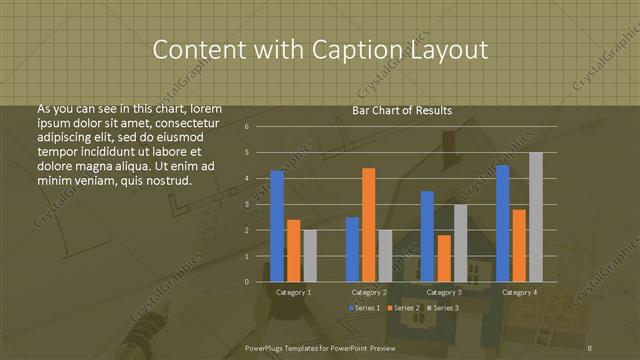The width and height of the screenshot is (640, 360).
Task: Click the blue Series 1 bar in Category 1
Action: coord(277,226)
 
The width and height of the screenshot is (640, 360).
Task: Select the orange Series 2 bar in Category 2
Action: coord(368,225)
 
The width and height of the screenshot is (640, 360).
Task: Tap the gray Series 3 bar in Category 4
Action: coord(535,217)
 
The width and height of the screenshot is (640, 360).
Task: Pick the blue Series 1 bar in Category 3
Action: coord(427,236)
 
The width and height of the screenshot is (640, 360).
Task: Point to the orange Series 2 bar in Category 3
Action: coord(443,258)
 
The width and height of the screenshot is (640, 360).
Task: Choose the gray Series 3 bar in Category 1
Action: coord(310,256)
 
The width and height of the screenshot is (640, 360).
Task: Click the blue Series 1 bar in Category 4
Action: coord(502,223)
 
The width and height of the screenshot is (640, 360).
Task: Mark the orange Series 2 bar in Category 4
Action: coord(518,245)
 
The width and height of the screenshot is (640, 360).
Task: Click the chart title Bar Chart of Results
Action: coord(403,110)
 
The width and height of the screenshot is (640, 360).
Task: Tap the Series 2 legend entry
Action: coord(403,307)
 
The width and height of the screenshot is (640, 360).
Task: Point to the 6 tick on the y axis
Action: coord(246,127)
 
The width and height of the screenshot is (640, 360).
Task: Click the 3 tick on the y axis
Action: coord(246,204)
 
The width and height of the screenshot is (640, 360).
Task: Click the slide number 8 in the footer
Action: coord(591,347)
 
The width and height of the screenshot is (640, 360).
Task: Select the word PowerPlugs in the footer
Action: coord(267,347)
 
